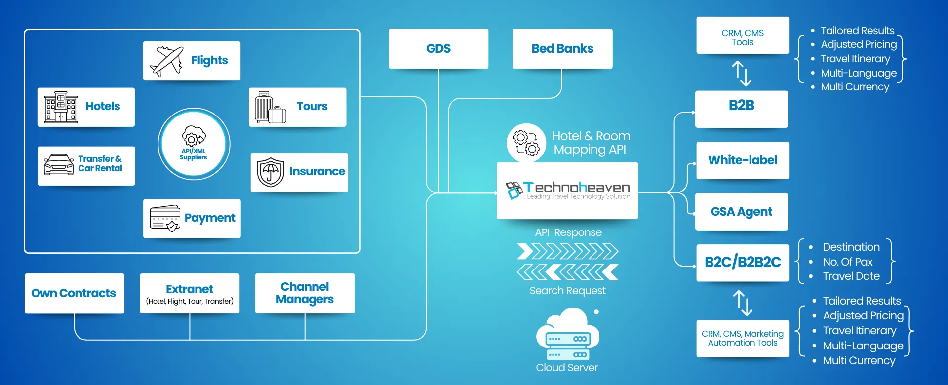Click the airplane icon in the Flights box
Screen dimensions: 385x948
click(166, 61)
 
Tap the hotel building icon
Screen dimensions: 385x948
click(61, 107)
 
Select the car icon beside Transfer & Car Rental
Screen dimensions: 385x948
click(59, 165)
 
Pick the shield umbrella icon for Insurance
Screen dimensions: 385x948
click(271, 172)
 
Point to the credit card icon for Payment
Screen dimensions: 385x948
click(165, 218)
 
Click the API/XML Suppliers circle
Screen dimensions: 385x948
click(194, 144)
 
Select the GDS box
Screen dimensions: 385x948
click(438, 48)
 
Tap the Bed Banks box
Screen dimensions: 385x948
click(562, 48)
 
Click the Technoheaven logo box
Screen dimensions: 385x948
click(567, 191)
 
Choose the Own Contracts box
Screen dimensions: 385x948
click(74, 293)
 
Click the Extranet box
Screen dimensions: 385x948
click(190, 293)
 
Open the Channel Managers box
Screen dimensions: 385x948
click(305, 293)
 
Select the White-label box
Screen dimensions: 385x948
click(742, 160)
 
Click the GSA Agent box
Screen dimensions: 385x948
click(741, 212)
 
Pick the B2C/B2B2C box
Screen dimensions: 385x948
click(743, 263)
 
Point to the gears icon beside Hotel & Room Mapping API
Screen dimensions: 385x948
click(526, 143)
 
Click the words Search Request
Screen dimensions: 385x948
click(567, 291)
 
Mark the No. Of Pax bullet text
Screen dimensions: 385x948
click(847, 262)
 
